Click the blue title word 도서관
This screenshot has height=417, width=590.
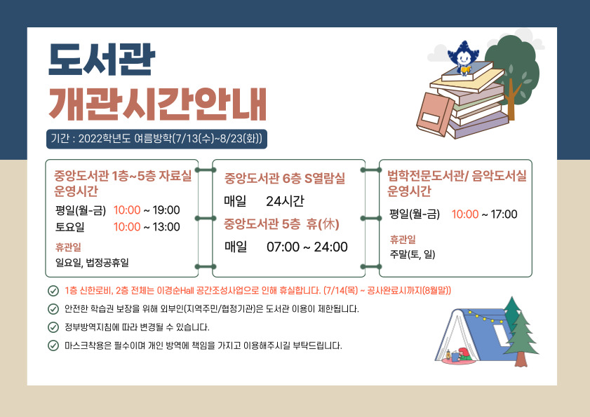tap(102, 60)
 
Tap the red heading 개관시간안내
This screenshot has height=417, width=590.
tap(158, 104)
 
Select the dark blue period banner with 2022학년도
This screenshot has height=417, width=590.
tap(156, 139)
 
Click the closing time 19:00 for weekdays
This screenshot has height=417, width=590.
tap(166, 210)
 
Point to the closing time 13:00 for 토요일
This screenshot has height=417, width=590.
tap(166, 227)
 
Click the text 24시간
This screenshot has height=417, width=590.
tap(285, 201)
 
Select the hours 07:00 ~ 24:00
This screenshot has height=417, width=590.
tap(307, 247)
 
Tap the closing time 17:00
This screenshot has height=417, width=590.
tap(504, 214)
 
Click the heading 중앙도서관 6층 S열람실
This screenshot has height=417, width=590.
tap(284, 178)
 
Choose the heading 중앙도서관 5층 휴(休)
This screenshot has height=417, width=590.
tap(281, 224)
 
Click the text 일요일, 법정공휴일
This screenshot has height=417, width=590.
tap(92, 262)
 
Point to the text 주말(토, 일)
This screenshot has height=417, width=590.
tap(413, 254)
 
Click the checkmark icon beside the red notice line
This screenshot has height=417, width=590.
tap(53, 291)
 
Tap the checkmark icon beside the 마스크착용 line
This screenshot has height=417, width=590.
tap(53, 346)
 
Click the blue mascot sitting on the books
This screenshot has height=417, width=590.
tap(463, 57)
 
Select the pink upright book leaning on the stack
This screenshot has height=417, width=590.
tap(435, 114)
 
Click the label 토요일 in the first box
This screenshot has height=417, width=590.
tap(70, 227)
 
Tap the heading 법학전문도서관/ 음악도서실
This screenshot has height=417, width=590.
tap(457, 176)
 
